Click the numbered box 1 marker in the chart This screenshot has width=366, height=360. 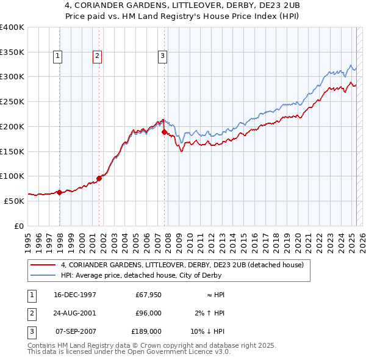tap(58, 56)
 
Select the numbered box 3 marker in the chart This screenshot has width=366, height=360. tap(163, 56)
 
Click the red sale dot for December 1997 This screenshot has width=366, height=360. tap(60, 192)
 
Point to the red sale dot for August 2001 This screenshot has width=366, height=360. tap(99, 178)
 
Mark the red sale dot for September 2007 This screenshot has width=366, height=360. tap(165, 131)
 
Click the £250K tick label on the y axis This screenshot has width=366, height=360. tap(12, 101)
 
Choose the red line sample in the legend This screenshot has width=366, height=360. tap(43, 265)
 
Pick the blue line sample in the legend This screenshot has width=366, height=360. tap(43, 275)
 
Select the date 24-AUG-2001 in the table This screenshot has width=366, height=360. tap(75, 313)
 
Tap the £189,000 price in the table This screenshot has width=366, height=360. tap(146, 331)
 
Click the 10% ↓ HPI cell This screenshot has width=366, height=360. tap(208, 331)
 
